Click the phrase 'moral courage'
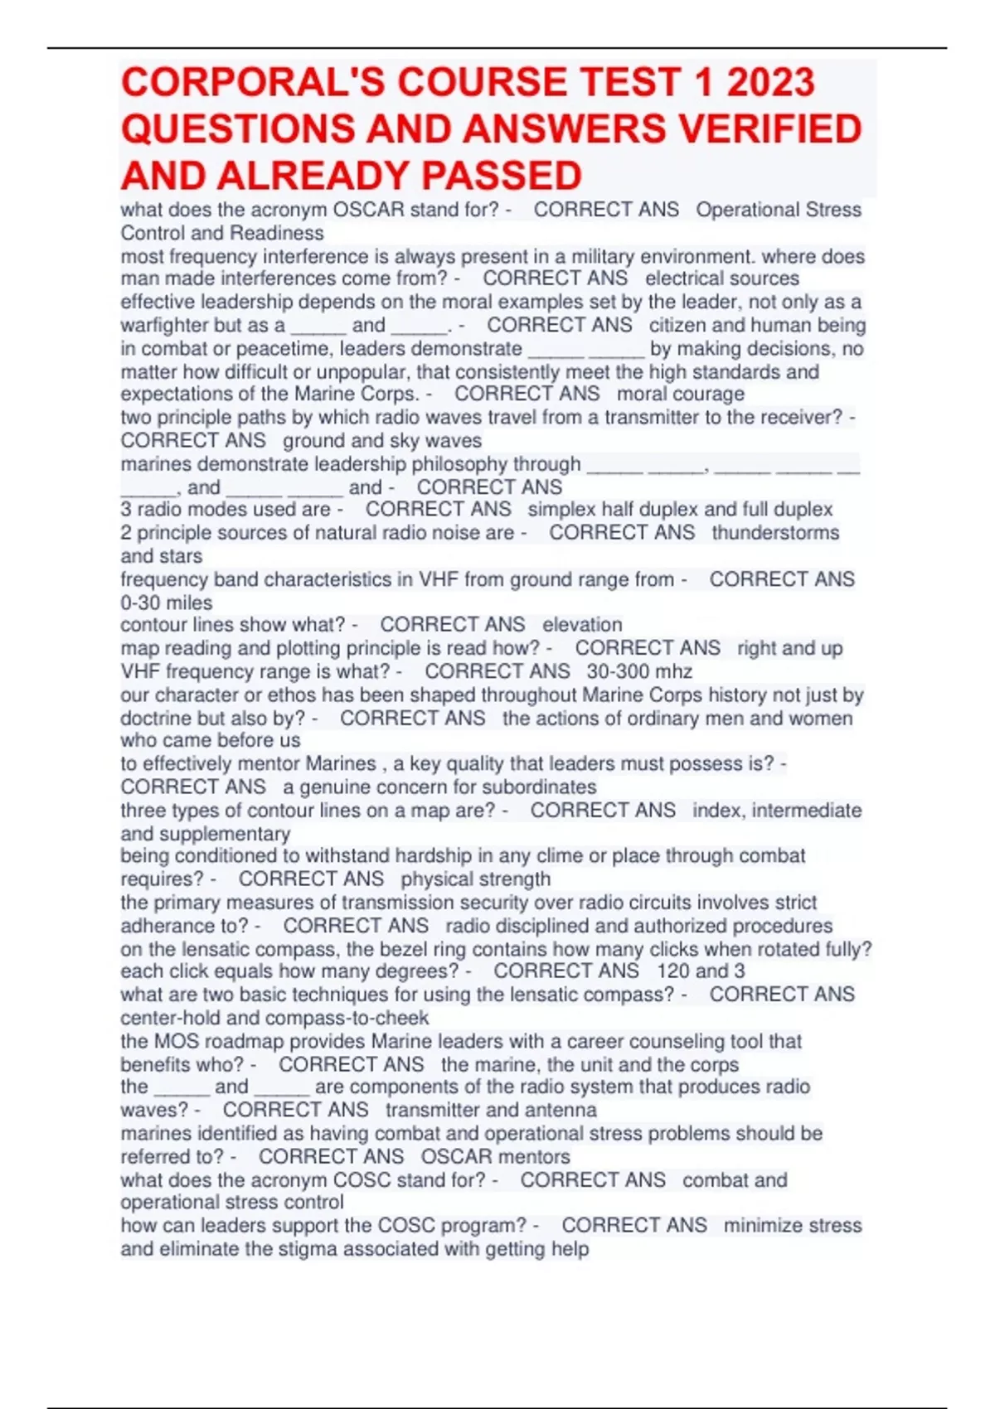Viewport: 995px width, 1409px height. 680,394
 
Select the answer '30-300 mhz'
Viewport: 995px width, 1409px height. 639,671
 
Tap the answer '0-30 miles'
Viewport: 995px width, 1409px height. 167,603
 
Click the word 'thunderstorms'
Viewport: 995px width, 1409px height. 775,533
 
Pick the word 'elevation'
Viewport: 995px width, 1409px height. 582,625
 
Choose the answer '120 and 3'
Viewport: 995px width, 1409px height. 701,971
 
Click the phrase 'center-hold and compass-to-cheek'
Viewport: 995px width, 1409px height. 274,1018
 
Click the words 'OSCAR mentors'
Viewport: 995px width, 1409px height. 495,1156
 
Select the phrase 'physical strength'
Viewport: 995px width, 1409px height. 475,879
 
